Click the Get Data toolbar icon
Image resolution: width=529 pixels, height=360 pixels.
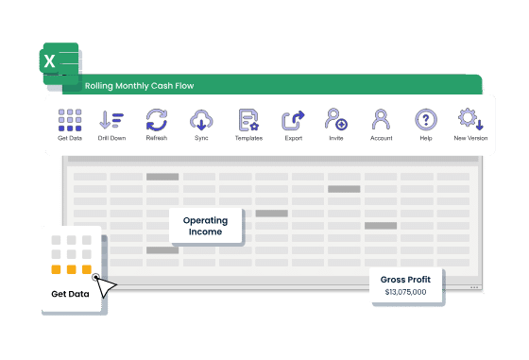[x=70, y=120]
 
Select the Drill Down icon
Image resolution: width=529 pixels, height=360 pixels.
[x=111, y=119]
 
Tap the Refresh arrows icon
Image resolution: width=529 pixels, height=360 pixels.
[x=157, y=120]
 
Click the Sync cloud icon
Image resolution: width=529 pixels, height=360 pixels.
[x=201, y=120]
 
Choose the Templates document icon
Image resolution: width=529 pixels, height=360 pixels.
[x=248, y=120]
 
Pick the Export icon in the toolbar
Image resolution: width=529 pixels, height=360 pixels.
[x=293, y=120]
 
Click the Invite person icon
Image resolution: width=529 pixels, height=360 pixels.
[x=336, y=119]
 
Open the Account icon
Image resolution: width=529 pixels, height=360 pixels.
[x=381, y=119]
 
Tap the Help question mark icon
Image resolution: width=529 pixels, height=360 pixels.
[x=426, y=119]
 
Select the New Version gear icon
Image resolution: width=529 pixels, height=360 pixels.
[x=470, y=119]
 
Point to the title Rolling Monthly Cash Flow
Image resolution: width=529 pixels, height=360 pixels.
[x=140, y=86]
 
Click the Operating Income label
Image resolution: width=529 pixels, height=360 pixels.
[x=206, y=226]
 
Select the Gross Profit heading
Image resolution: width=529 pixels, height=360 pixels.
[x=405, y=280]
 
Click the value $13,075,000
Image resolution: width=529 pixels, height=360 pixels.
[x=405, y=292]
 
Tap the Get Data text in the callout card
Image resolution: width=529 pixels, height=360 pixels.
[x=70, y=294]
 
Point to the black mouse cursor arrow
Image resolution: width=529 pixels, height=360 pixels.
[x=106, y=286]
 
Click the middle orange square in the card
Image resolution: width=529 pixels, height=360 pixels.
[x=71, y=269]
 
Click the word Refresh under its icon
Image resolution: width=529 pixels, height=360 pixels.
[x=157, y=138]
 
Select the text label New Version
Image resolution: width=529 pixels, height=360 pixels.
[x=470, y=138]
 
